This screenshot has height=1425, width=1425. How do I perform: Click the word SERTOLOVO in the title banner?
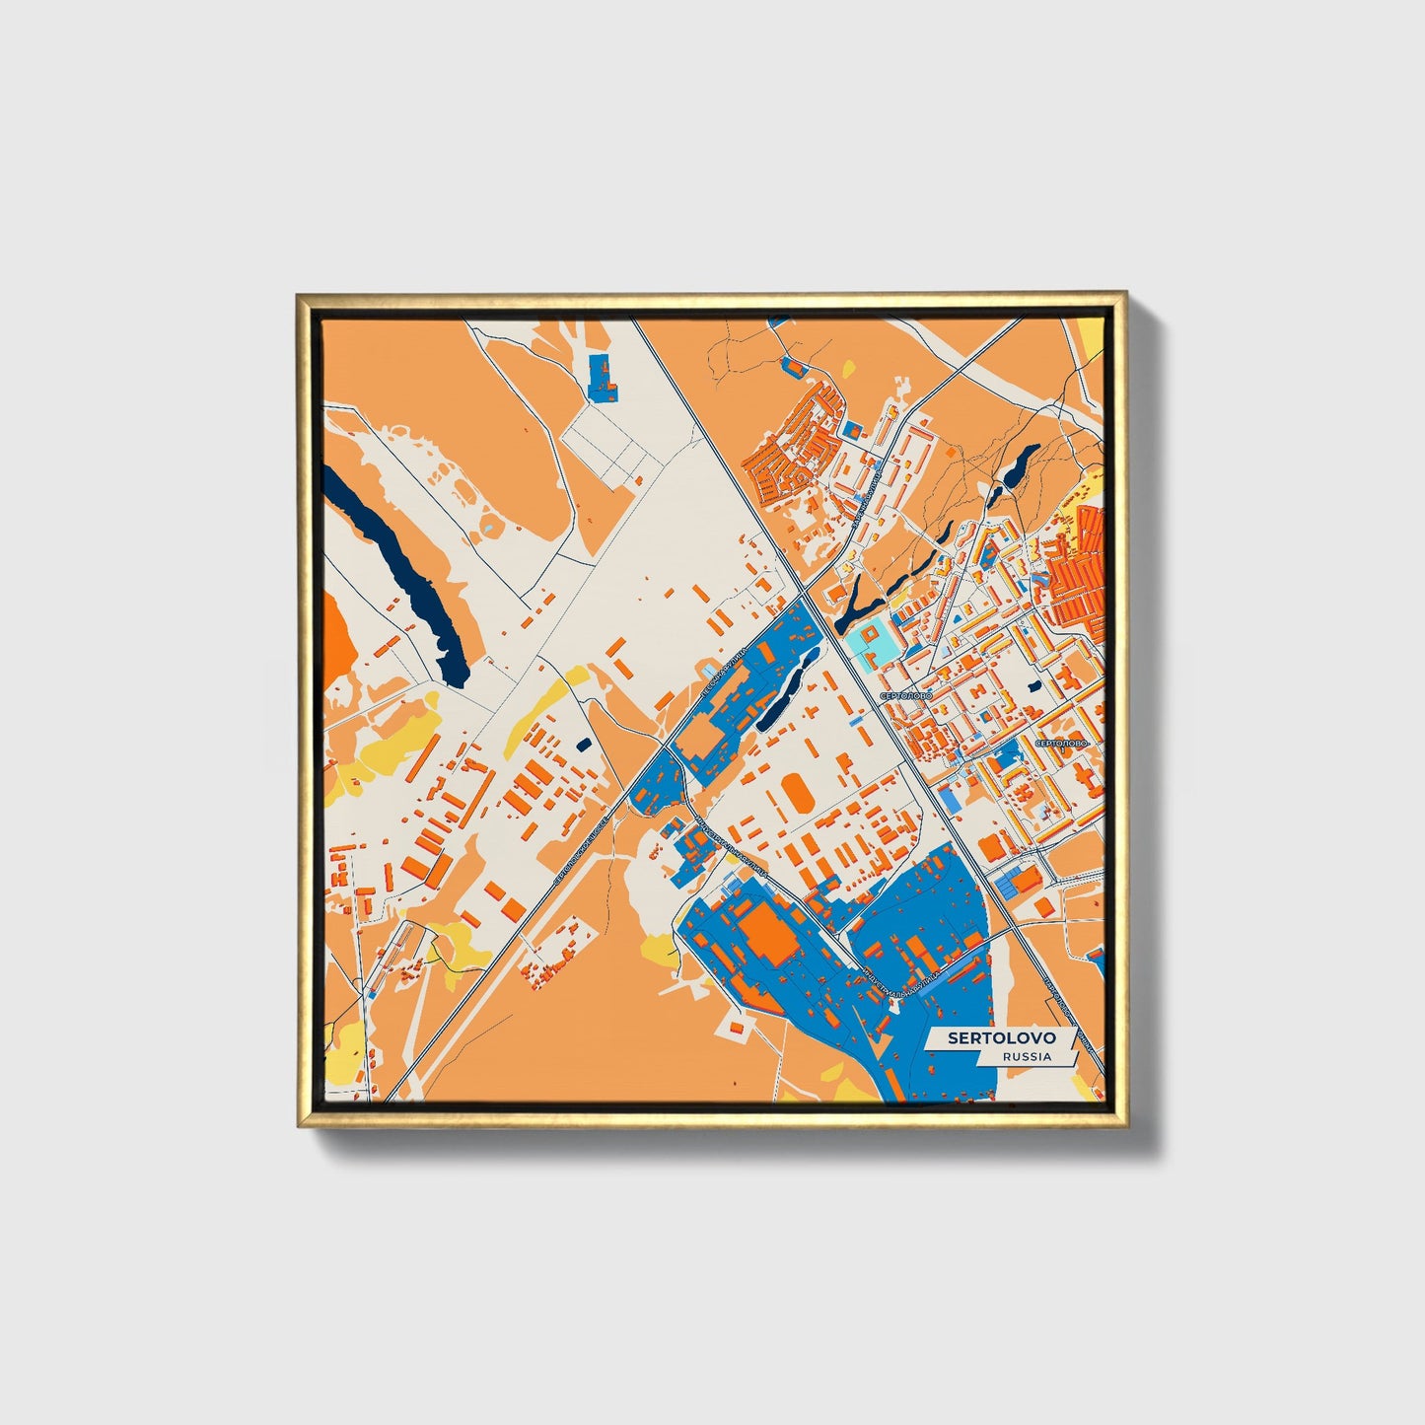(x=1001, y=1037)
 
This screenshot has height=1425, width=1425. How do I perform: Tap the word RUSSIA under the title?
(x=1026, y=1056)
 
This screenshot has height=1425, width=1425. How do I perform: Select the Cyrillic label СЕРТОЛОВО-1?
(x=1061, y=742)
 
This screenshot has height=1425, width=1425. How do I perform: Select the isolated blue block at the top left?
(x=601, y=378)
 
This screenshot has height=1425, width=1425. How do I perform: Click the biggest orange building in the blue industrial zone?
(x=768, y=931)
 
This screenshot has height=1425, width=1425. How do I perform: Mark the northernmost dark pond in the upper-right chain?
(x=1027, y=458)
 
